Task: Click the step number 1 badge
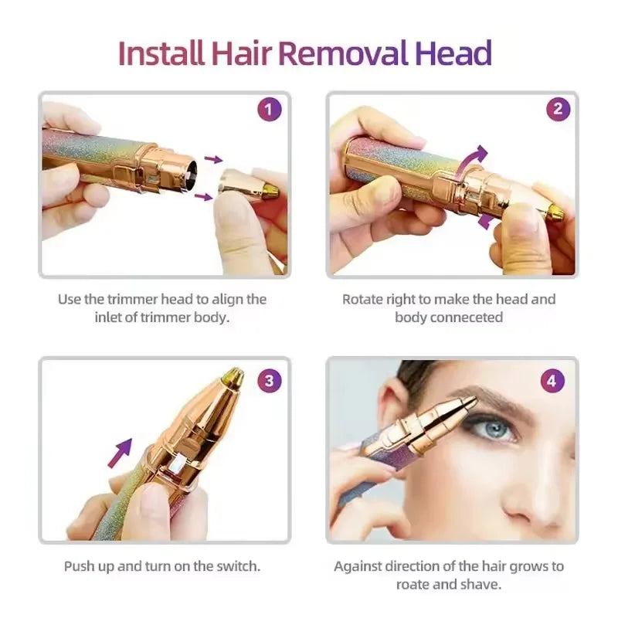(x=268, y=110)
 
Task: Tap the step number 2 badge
(x=558, y=110)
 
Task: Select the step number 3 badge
(x=268, y=380)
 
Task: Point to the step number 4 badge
(x=553, y=380)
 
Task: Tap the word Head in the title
(x=453, y=54)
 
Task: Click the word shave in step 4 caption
(x=484, y=585)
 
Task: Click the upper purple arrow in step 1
(x=213, y=159)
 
